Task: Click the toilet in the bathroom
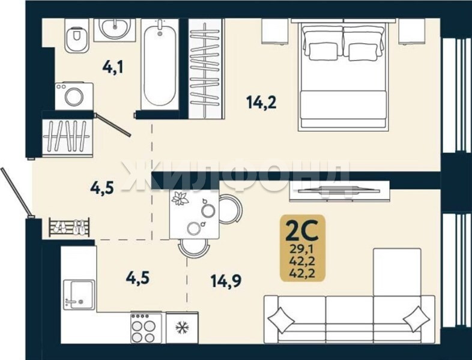tap(77, 35)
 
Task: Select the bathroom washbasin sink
tap(114, 29)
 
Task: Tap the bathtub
tap(160, 64)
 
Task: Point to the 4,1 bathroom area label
tap(113, 67)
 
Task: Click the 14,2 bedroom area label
tap(261, 102)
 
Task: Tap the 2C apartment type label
tap(303, 230)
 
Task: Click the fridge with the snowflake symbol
tap(182, 328)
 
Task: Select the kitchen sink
tap(79, 295)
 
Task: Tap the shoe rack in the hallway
tap(69, 227)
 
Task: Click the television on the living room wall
tap(339, 191)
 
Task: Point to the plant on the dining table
tap(180, 199)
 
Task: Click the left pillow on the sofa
tap(280, 320)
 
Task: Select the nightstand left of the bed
tap(273, 31)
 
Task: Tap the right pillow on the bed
tap(363, 52)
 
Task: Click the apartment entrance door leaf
tap(16, 192)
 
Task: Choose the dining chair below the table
tap(193, 248)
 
